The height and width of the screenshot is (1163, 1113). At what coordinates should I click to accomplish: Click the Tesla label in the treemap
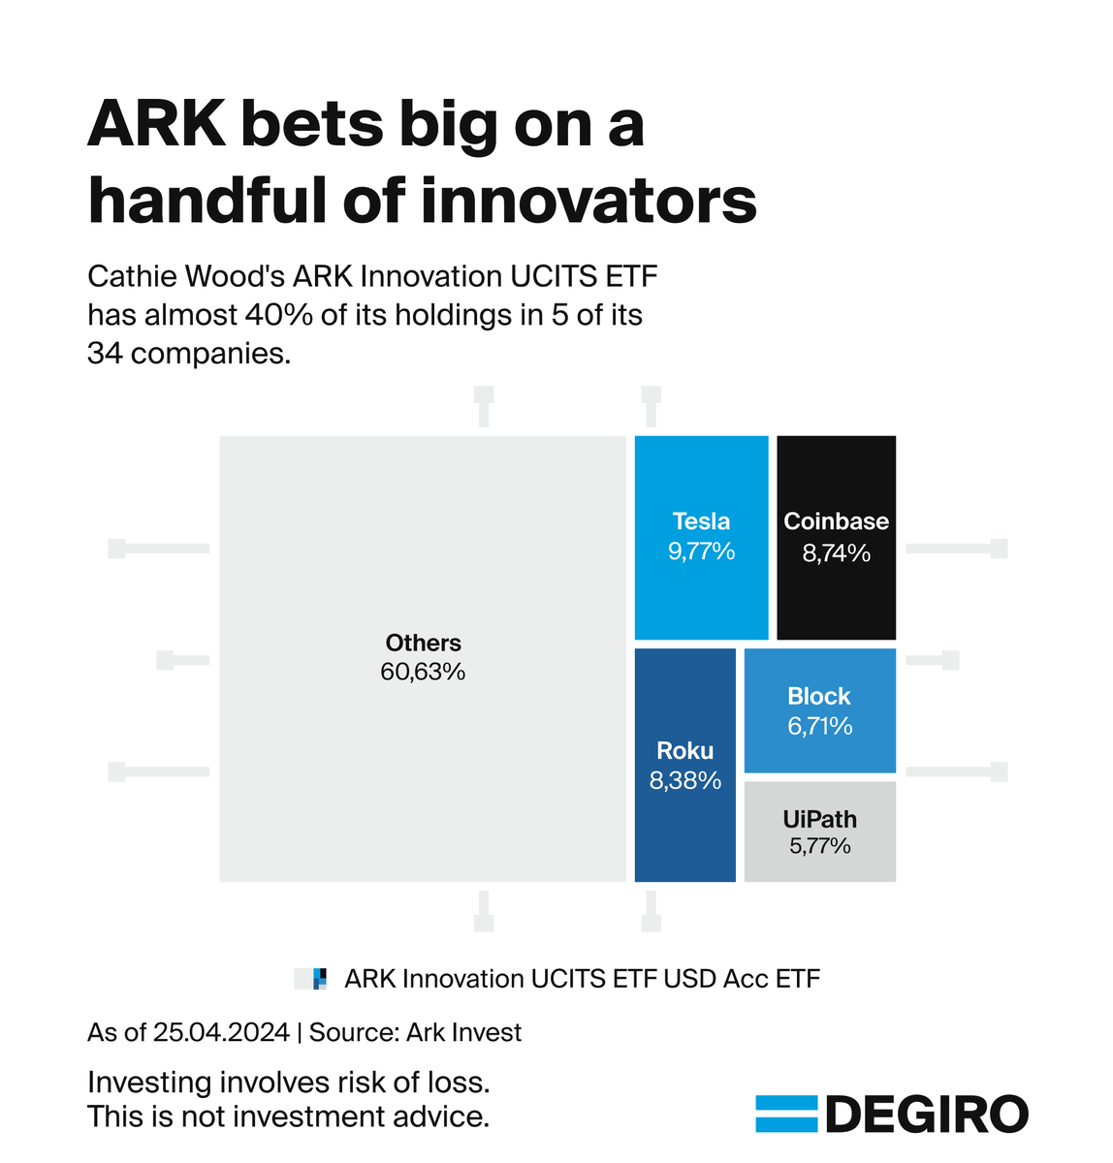[701, 521]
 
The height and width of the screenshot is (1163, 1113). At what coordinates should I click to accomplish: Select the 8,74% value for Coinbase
[836, 553]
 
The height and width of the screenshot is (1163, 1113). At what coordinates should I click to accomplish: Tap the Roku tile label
[684, 750]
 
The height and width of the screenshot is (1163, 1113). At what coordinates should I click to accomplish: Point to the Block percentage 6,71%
[819, 726]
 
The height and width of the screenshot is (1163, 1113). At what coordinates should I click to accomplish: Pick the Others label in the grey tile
[423, 643]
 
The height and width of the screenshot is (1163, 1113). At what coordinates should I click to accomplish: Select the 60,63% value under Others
[423, 672]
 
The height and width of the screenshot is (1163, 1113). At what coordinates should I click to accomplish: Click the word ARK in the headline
[154, 125]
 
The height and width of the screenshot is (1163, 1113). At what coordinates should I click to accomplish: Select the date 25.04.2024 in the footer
[221, 1032]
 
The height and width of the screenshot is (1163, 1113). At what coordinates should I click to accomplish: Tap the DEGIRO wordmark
[926, 1115]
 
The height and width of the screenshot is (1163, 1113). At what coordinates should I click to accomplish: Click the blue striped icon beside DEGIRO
[786, 1115]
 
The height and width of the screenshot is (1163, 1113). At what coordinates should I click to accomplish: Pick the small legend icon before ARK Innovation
[311, 979]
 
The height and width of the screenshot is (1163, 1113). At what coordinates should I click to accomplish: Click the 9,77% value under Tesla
[701, 551]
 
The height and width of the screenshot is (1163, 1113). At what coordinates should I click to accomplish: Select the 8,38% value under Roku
[684, 780]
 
